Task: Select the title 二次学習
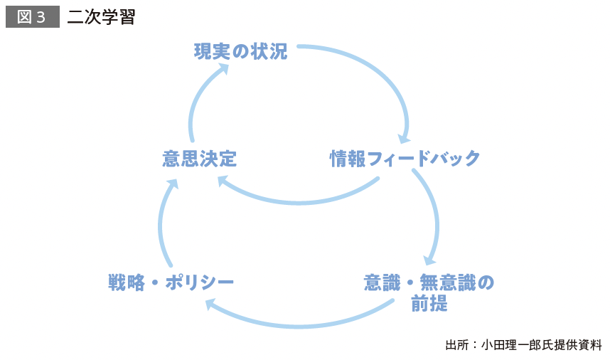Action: (102, 17)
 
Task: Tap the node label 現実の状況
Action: (241, 51)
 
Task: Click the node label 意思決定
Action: (199, 158)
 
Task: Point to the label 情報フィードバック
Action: (405, 158)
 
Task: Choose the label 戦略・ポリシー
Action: (171, 282)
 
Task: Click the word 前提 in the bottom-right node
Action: (429, 304)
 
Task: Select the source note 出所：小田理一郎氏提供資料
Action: (523, 345)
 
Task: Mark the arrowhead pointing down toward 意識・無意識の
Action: (429, 259)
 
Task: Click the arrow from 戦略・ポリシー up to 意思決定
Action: (161, 224)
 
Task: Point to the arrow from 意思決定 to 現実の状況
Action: (195, 107)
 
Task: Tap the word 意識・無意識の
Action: (428, 282)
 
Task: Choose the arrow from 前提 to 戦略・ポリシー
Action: (299, 326)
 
